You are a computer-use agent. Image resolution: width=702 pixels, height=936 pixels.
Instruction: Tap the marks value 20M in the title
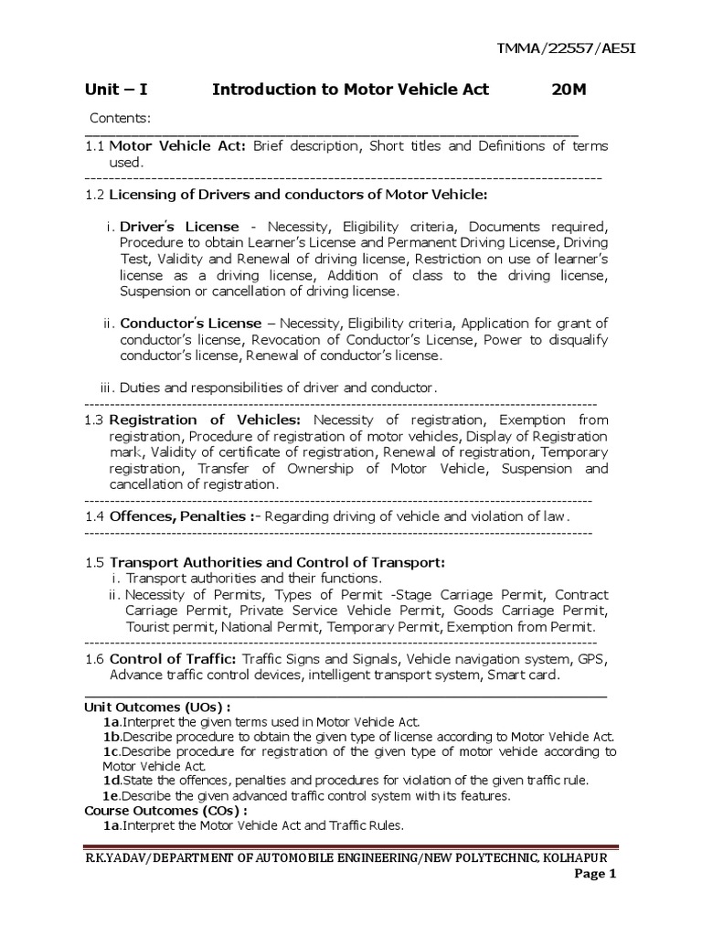[571, 90]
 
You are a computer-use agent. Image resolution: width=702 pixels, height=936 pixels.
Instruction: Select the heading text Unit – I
[116, 90]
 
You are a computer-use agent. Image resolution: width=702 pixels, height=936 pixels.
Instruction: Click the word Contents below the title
[120, 118]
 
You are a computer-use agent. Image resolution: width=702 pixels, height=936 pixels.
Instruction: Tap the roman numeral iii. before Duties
[110, 387]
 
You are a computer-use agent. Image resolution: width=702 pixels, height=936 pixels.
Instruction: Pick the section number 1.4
[95, 516]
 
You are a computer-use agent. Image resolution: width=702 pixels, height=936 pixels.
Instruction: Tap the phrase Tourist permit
[170, 626]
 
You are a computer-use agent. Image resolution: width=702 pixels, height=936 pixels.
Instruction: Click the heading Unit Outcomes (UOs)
[157, 707]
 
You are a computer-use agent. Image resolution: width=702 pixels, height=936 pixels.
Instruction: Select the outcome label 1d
[112, 780]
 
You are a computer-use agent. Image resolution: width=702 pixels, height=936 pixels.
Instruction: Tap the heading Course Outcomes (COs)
[166, 810]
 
